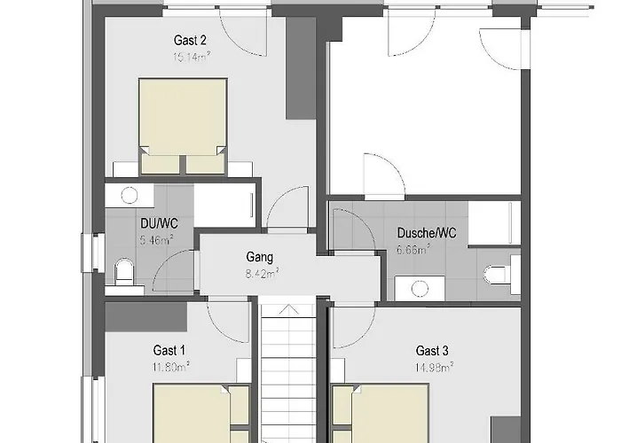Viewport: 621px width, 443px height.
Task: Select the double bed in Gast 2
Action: pyautogui.click(x=183, y=124)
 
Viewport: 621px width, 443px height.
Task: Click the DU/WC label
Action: pyautogui.click(x=155, y=224)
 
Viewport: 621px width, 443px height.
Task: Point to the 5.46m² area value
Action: pyautogui.click(x=155, y=239)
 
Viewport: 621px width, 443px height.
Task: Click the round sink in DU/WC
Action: pyautogui.click(x=130, y=196)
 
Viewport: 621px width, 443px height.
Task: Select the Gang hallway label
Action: pyautogui.click(x=260, y=258)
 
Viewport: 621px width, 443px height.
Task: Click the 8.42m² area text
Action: pyautogui.click(x=260, y=273)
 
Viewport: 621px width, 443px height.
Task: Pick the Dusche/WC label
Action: pyautogui.click(x=427, y=233)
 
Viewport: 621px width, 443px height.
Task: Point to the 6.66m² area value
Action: pyautogui.click(x=413, y=249)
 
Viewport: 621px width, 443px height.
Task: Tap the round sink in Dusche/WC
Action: pyautogui.click(x=420, y=288)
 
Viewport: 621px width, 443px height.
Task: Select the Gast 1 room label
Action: pyautogui.click(x=170, y=349)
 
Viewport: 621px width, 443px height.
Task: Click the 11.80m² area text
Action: pyautogui.click(x=170, y=364)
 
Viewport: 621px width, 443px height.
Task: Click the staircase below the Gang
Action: pyautogui.click(x=287, y=372)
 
